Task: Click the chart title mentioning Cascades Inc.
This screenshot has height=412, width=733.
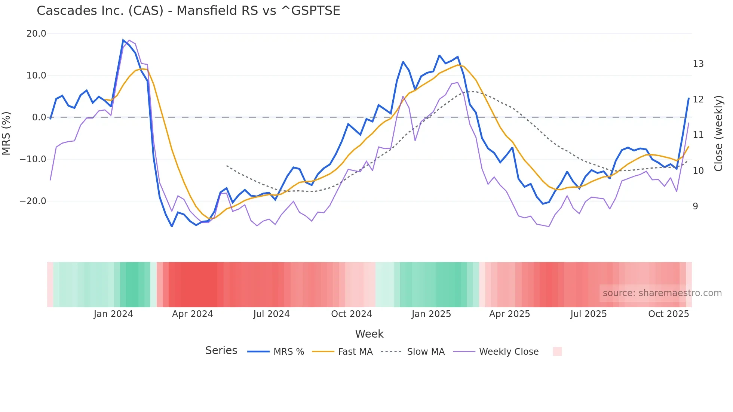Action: click(188, 11)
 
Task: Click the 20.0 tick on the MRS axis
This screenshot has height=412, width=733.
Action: click(36, 34)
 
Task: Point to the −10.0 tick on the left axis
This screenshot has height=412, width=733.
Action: click(33, 159)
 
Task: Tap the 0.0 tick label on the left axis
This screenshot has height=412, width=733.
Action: click(39, 117)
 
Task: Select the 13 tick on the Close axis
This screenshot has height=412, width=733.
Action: click(698, 64)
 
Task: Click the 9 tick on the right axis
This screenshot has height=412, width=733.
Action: click(695, 206)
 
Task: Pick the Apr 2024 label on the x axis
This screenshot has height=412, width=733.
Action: click(192, 314)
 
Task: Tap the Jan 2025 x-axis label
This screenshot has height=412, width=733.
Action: click(431, 314)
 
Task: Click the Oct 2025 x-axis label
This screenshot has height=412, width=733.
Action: click(668, 314)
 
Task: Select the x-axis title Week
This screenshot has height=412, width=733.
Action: click(369, 334)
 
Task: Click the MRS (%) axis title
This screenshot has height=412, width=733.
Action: click(6, 133)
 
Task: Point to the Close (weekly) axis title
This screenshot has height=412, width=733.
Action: click(718, 133)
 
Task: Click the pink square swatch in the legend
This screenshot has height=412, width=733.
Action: click(557, 351)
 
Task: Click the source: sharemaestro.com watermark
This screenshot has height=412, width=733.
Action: click(662, 293)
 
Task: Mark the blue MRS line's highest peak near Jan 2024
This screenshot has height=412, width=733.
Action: click(123, 40)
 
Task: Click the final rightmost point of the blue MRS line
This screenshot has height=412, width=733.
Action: click(688, 98)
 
